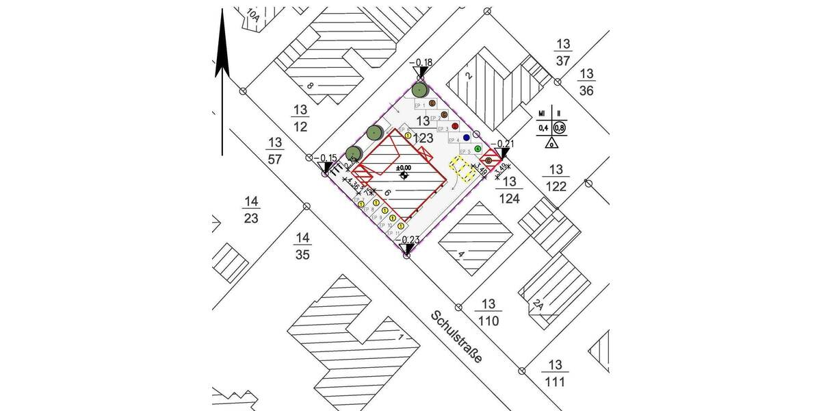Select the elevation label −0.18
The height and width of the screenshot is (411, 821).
[x=421, y=64]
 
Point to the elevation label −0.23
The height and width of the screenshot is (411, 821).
[x=409, y=240]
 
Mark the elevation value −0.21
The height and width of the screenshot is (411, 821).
[x=504, y=144]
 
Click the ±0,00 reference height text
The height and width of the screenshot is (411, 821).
[x=404, y=167]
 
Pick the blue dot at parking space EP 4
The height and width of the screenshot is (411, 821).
[x=467, y=138]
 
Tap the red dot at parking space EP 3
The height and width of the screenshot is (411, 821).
[x=455, y=127]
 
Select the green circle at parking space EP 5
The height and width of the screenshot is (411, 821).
[x=478, y=149]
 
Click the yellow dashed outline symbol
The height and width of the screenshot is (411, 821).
[x=462, y=169]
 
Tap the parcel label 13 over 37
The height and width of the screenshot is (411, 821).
[x=563, y=53]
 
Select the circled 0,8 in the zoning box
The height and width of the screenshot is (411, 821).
[x=560, y=128]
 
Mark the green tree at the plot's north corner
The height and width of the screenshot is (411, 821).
[x=420, y=89]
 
